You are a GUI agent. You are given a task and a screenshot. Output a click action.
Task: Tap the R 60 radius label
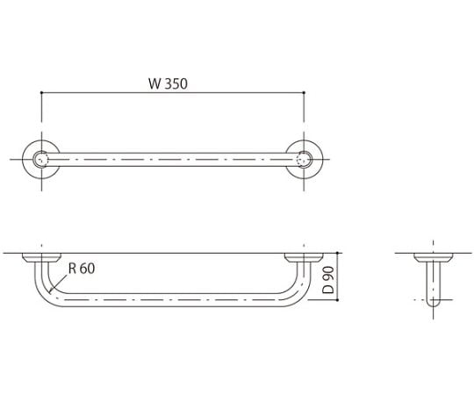81,269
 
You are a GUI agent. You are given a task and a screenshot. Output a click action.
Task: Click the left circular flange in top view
40,160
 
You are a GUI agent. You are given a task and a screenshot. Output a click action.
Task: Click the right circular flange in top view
305,160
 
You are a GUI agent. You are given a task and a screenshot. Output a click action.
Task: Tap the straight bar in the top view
172,160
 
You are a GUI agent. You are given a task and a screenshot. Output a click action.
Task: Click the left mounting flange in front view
40,258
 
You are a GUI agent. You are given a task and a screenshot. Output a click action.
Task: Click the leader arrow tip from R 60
52,291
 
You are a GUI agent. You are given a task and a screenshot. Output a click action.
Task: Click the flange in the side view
434,258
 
